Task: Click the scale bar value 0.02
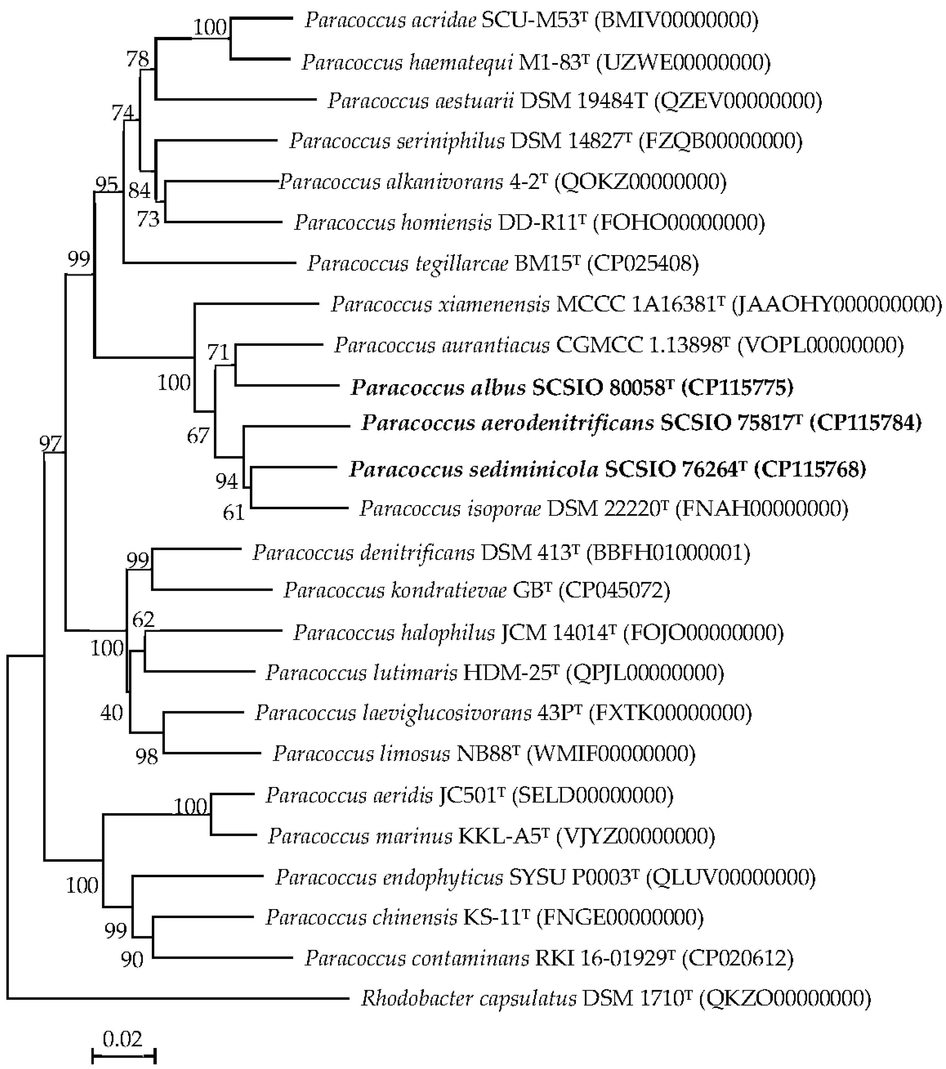122,1038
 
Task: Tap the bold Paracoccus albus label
571,388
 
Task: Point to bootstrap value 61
233,513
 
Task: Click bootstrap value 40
111,712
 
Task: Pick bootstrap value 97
51,444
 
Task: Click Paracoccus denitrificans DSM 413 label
501,552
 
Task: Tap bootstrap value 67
198,435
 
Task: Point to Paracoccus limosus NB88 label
484,753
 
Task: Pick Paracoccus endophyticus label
545,877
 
